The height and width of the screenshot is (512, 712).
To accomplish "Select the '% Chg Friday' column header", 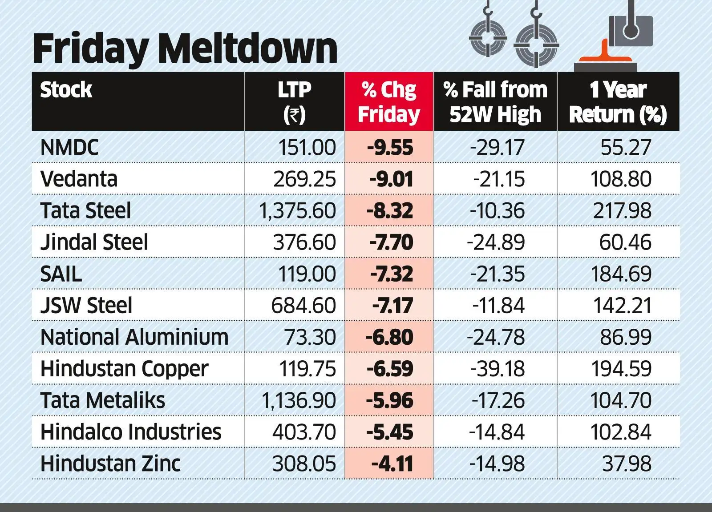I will click(x=389, y=102).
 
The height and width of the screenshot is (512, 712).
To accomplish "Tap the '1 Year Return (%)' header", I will click(x=618, y=102).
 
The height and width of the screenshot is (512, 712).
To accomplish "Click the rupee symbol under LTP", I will click(x=294, y=115).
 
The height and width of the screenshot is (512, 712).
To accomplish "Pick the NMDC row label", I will click(x=69, y=148).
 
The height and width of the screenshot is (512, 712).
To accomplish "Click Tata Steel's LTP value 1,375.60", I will click(x=297, y=211).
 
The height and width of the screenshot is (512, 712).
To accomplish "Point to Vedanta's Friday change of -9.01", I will click(x=391, y=179).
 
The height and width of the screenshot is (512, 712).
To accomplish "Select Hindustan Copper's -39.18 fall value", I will click(x=497, y=369).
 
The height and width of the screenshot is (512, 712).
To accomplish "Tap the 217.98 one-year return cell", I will click(x=622, y=211).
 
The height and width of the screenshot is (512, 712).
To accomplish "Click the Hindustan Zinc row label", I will click(x=110, y=464).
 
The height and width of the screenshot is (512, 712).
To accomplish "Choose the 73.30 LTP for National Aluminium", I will click(x=310, y=337).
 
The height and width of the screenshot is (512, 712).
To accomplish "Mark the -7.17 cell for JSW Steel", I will click(x=392, y=306).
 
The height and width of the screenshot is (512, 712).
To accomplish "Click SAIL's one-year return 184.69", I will click(x=621, y=274).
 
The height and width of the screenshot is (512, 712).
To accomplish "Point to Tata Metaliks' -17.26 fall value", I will click(x=498, y=401).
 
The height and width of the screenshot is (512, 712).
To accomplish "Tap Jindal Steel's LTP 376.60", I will click(x=304, y=242).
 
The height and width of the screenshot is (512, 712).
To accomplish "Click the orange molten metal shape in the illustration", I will click(x=604, y=56).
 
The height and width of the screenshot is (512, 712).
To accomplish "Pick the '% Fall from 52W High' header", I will click(x=495, y=102).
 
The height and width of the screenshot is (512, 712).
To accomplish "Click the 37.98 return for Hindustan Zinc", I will click(x=627, y=464).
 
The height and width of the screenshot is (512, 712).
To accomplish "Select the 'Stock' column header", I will click(x=66, y=90).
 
